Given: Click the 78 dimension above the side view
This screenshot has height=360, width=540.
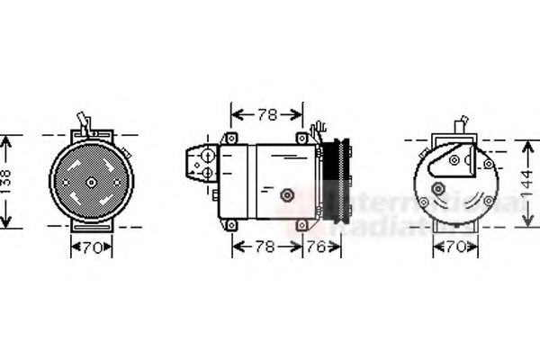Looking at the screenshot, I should [x=267, y=114].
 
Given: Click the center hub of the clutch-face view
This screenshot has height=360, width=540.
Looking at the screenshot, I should [x=91, y=182].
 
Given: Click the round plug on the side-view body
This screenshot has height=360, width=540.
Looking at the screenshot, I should [x=287, y=193].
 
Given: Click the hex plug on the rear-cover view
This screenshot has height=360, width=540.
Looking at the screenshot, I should [x=439, y=190].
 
